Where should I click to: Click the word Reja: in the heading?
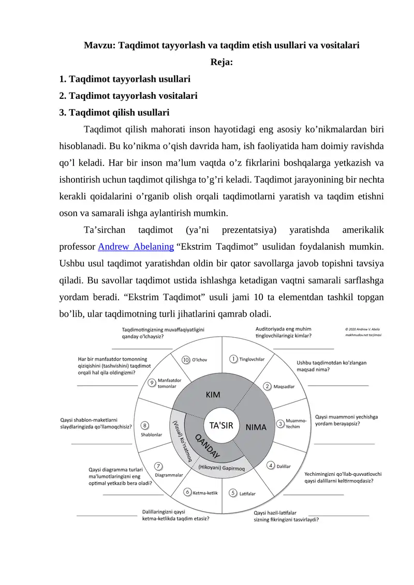(x=221, y=63)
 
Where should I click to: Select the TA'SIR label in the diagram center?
(x=221, y=426)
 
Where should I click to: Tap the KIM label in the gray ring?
(x=213, y=395)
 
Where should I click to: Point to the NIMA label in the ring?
(x=256, y=427)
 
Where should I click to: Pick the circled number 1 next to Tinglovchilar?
(x=234, y=358)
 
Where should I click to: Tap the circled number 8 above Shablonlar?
(x=146, y=425)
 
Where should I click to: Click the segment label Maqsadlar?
(x=284, y=386)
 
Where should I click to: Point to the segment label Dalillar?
(x=284, y=466)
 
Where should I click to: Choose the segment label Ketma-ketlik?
(x=205, y=492)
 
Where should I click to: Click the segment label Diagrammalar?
(x=169, y=474)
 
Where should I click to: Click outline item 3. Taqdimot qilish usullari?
(x=114, y=112)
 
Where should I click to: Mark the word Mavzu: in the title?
(x=100, y=45)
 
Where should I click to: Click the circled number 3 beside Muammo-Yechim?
(x=280, y=423)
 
